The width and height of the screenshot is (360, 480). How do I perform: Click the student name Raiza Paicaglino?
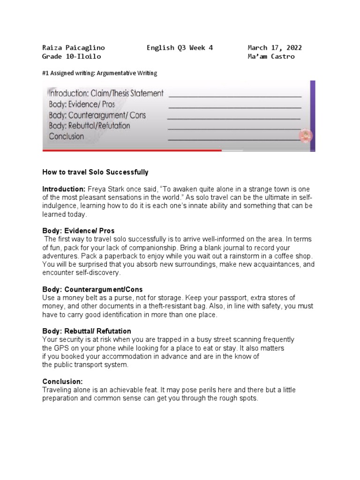(74, 48)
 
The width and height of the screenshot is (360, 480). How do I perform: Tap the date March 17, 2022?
(274, 48)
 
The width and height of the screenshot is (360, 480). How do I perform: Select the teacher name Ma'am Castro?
(271, 57)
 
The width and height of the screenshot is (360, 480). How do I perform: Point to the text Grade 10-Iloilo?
(71, 57)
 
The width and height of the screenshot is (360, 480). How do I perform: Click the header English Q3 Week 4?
(180, 48)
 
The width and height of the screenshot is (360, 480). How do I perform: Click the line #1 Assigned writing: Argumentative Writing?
(100, 73)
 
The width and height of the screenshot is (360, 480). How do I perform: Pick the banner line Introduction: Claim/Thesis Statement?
(106, 93)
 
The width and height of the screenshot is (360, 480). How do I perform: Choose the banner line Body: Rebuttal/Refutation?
(90, 126)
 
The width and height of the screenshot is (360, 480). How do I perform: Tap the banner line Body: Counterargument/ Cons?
(97, 115)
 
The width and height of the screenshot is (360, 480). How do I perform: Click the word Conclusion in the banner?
(67, 136)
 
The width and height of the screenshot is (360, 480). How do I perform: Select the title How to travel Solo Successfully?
(95, 172)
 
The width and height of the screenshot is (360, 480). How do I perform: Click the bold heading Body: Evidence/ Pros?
(78, 231)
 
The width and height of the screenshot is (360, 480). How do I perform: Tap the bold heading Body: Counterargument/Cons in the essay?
(92, 290)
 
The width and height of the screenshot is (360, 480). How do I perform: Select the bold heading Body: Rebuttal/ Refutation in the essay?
(87, 331)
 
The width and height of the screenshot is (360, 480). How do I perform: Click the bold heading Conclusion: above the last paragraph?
(62, 382)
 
